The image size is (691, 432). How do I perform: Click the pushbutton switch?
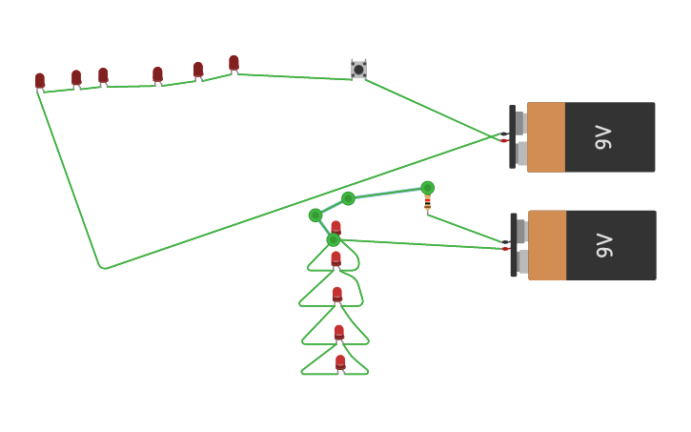tap(358, 70)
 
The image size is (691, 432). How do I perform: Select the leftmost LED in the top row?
tap(40, 81)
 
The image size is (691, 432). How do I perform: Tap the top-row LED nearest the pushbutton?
tap(234, 63)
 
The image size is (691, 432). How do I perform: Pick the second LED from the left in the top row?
tap(76, 77)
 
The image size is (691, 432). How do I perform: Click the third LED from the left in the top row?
tap(103, 75)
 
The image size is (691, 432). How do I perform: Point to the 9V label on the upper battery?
tap(602, 137)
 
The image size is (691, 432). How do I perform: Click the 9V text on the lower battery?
tap(603, 245)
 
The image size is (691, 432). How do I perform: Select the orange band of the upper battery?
tap(546, 137)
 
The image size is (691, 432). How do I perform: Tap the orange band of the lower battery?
tap(547, 245)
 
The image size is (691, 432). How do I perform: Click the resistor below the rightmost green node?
tap(427, 202)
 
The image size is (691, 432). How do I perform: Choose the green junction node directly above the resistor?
tap(427, 188)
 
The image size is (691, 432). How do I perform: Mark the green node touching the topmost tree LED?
tap(334, 239)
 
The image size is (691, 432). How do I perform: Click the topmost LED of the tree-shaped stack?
tap(335, 228)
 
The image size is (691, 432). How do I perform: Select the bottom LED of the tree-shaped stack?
tap(340, 362)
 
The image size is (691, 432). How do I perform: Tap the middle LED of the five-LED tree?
tap(337, 295)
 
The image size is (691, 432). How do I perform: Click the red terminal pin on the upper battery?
tap(504, 140)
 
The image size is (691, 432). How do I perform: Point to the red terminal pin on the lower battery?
tap(506, 249)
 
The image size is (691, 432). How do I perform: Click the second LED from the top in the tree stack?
tap(335, 258)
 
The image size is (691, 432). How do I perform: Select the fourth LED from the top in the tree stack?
tap(339, 332)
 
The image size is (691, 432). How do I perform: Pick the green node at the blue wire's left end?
tap(315, 216)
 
